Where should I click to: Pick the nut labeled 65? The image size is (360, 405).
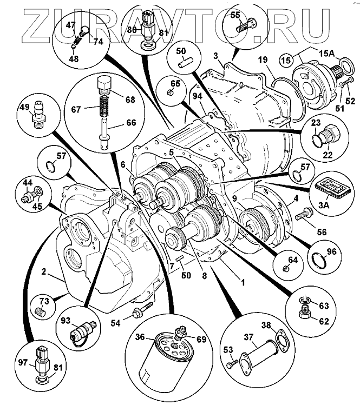[x=170, y=93]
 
